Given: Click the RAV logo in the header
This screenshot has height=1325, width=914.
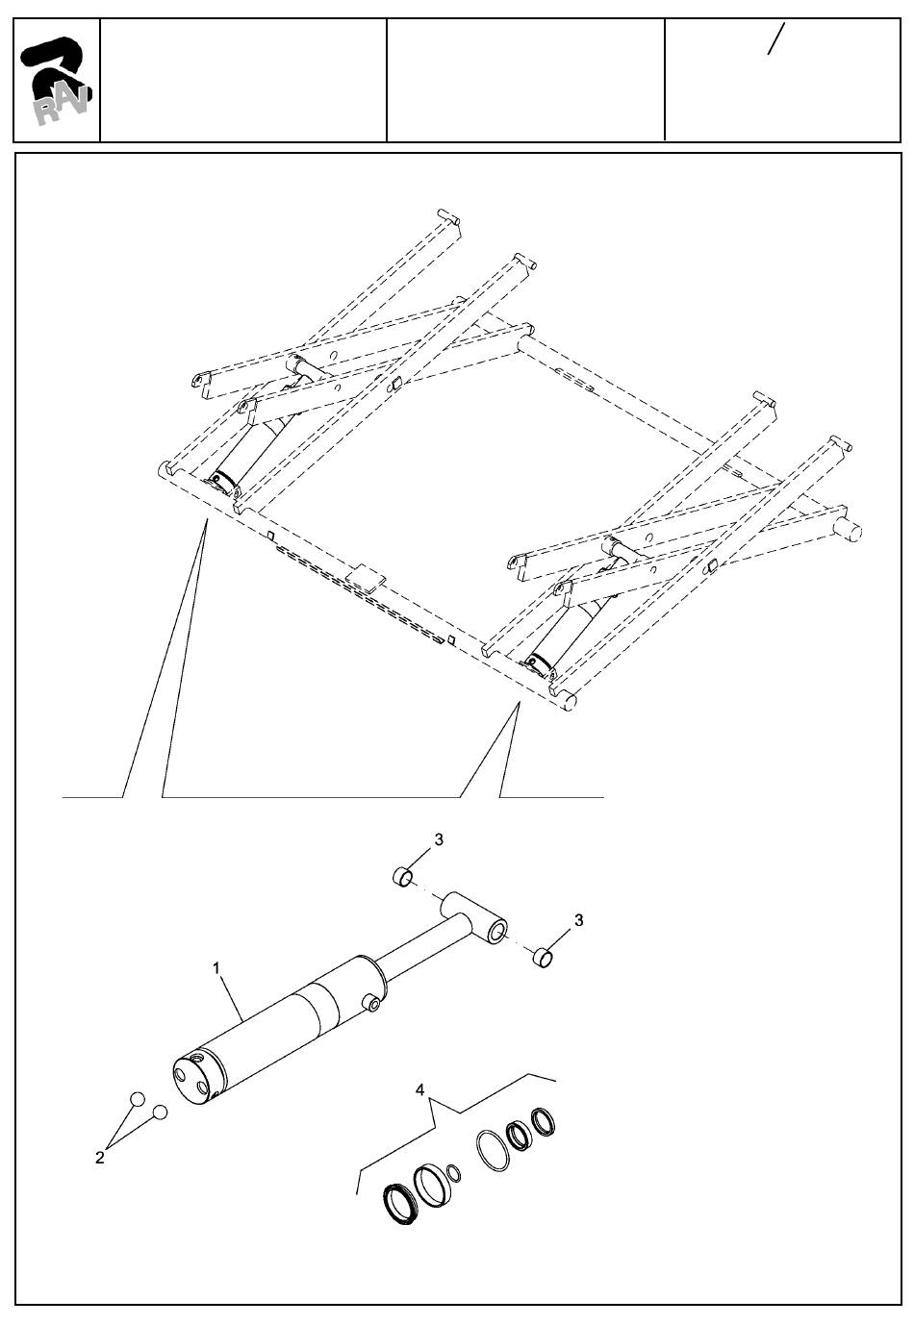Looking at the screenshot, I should click(x=56, y=81).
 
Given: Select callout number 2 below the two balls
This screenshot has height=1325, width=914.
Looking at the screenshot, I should click(x=100, y=1158).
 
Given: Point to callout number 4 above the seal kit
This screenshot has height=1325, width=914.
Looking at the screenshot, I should click(x=420, y=1089).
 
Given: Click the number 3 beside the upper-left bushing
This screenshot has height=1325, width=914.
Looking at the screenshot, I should click(x=439, y=839).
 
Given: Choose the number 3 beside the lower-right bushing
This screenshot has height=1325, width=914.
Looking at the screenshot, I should click(x=578, y=920).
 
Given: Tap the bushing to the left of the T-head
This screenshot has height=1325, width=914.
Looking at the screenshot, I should click(x=403, y=877).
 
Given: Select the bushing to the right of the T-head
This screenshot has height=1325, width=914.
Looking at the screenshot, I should click(x=544, y=957).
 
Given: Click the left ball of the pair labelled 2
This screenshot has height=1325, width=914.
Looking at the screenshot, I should click(x=138, y=1099).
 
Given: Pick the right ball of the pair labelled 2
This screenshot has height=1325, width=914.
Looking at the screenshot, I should click(x=161, y=1112).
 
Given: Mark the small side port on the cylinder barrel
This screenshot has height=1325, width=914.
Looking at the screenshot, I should click(x=372, y=1004).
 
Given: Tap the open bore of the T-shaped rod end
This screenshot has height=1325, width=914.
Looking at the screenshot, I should click(x=498, y=931).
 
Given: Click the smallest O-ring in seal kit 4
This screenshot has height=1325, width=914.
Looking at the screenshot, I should click(x=454, y=1174).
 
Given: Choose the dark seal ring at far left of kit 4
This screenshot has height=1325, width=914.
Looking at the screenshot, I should click(x=397, y=1202).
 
